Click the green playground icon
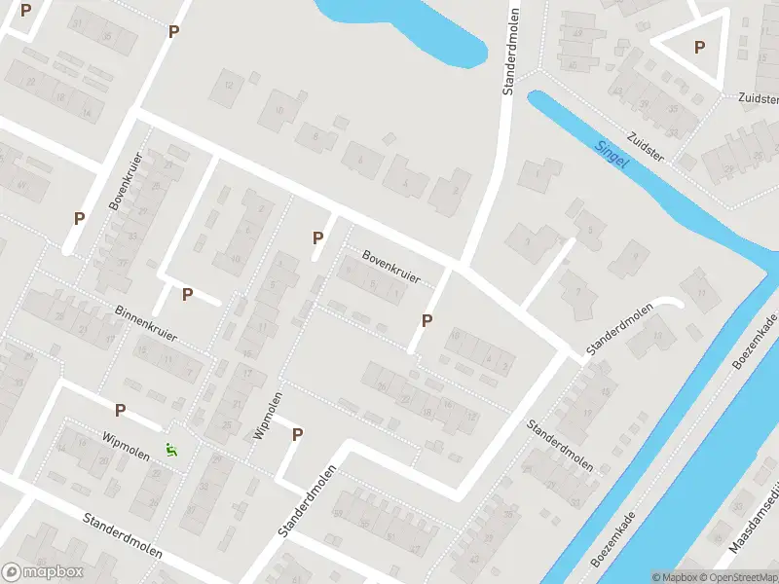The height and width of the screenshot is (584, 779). coord(172,450)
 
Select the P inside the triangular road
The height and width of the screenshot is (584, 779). coord(699,47)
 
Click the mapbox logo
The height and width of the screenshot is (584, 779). coord(42,572)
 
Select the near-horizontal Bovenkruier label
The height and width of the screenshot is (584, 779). coord(390,267)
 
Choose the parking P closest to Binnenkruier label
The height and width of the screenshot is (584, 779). coord(187,294)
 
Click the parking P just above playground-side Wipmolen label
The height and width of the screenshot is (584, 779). coord(121,411)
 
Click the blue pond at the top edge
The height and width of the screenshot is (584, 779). coord(409,24)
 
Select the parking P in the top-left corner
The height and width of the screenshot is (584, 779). coord(25,10)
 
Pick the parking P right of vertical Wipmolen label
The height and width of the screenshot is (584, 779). coord(298,434)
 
